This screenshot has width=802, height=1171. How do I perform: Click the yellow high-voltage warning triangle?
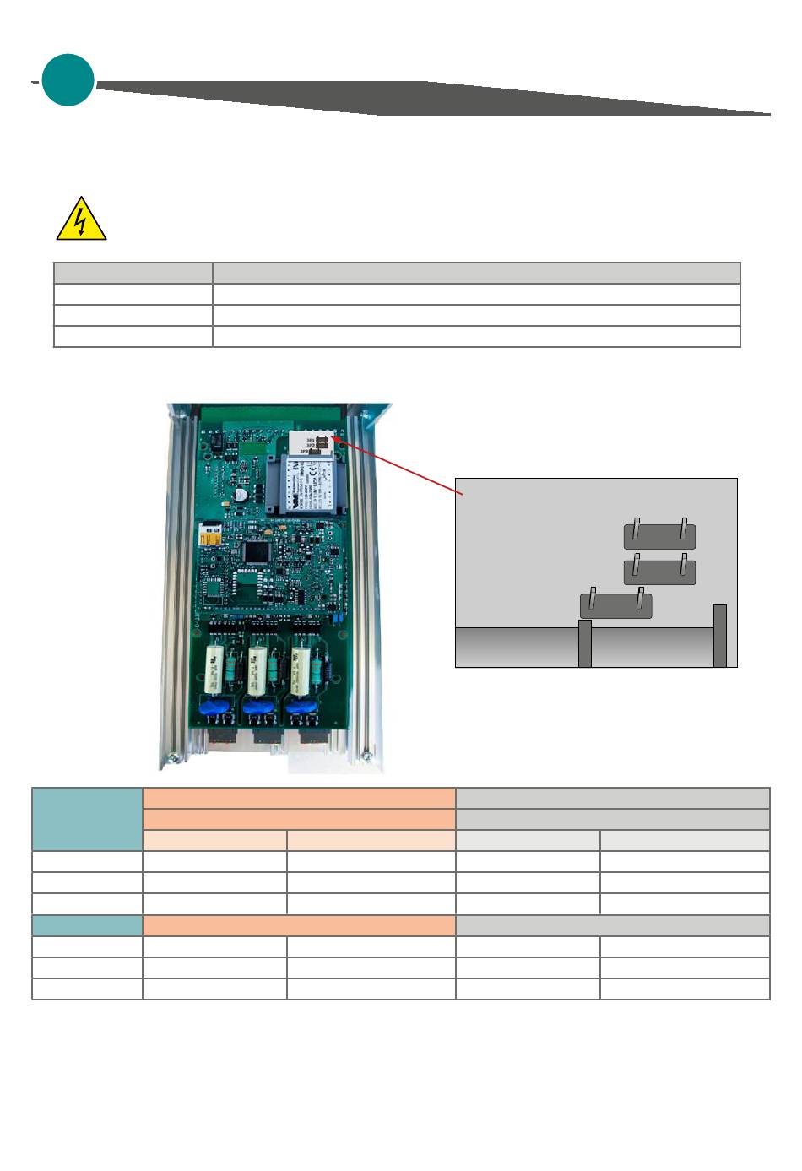81,220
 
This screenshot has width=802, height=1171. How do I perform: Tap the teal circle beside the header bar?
68,80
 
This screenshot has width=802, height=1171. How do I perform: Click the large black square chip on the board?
256,552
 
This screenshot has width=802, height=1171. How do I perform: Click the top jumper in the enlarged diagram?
659,536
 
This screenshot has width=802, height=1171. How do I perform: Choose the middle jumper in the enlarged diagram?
659,572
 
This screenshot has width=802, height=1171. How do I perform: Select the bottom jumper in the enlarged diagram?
615,605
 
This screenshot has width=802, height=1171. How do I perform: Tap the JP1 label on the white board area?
310,440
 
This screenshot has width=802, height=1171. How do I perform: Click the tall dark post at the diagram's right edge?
719,635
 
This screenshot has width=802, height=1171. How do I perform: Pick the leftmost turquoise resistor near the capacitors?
231,671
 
